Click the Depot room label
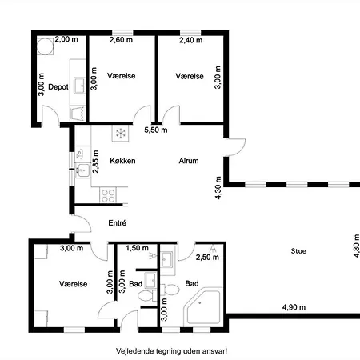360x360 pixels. tap(58, 87)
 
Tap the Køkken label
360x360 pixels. tap(122, 161)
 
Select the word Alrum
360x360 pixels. tap(189, 161)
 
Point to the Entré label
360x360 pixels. tap(118, 222)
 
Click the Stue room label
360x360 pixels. tap(298, 251)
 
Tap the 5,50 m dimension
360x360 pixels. tap(156, 130)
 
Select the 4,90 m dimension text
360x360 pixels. tap(294, 307)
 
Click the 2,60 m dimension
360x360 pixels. tap(121, 40)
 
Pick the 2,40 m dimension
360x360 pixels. tap(190, 40)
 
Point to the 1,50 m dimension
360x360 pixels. tap(137, 248)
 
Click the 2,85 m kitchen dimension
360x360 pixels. tap(95, 162)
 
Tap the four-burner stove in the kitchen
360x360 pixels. tap(108, 195)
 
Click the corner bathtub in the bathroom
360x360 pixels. tap(203, 306)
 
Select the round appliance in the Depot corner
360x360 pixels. tap(45, 46)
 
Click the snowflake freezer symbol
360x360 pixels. tap(121, 133)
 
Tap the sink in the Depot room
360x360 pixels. tap(80, 86)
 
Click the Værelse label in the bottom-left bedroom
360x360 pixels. tap(74, 284)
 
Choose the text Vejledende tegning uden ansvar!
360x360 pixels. tap(171, 351)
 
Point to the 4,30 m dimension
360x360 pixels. tap(218, 188)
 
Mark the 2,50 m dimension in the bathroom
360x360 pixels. tap(207, 258)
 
